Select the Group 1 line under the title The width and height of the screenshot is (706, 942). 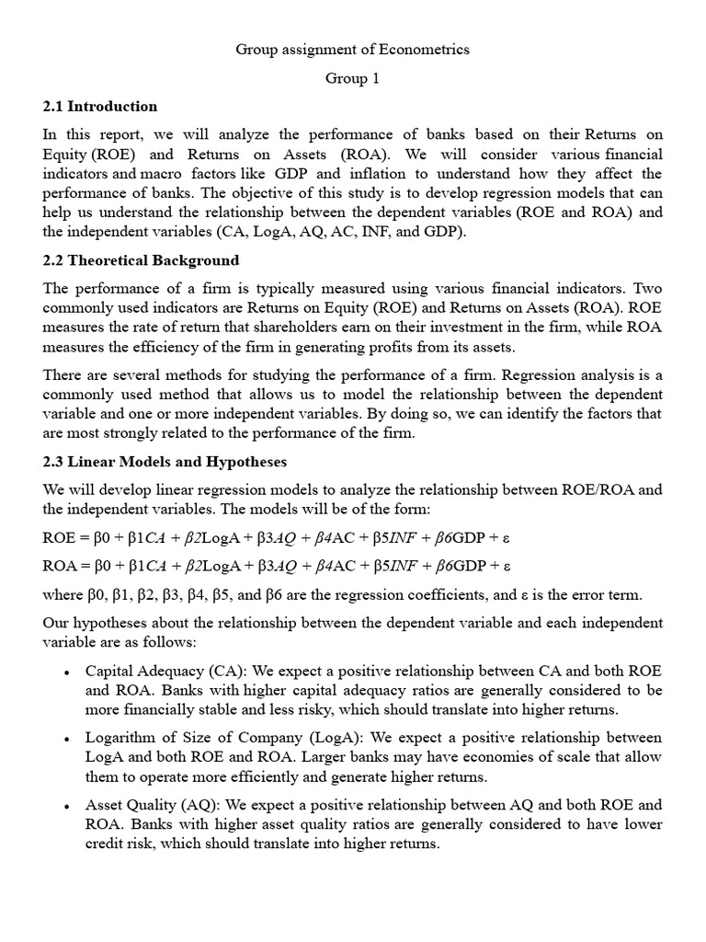(352, 78)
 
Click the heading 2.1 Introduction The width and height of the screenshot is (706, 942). (100, 106)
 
